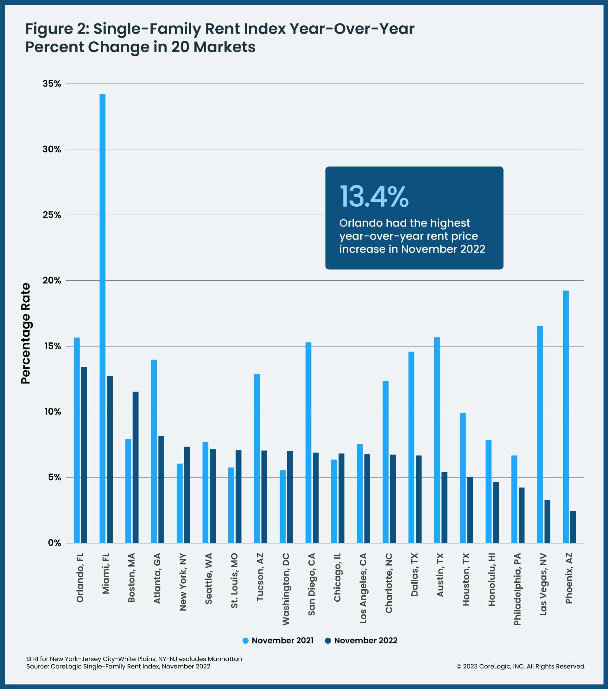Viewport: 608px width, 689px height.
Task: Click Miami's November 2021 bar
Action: (x=103, y=318)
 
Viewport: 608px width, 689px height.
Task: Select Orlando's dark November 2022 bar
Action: (x=84, y=455)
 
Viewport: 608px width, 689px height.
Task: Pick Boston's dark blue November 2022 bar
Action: (x=135, y=467)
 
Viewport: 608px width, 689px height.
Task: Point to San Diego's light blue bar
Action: (x=308, y=442)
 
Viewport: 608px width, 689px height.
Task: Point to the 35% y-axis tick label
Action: (x=52, y=84)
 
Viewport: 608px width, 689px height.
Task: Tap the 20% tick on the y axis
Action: (x=52, y=280)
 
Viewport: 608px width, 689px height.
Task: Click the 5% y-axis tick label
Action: (x=54, y=478)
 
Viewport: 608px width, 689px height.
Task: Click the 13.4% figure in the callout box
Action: (x=374, y=197)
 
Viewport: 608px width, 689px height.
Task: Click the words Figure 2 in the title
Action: (x=57, y=29)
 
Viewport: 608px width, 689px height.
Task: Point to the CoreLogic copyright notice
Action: (x=521, y=667)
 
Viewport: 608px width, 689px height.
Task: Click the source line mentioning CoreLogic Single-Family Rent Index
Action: (x=118, y=667)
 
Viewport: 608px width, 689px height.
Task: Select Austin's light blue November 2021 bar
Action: (x=437, y=440)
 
